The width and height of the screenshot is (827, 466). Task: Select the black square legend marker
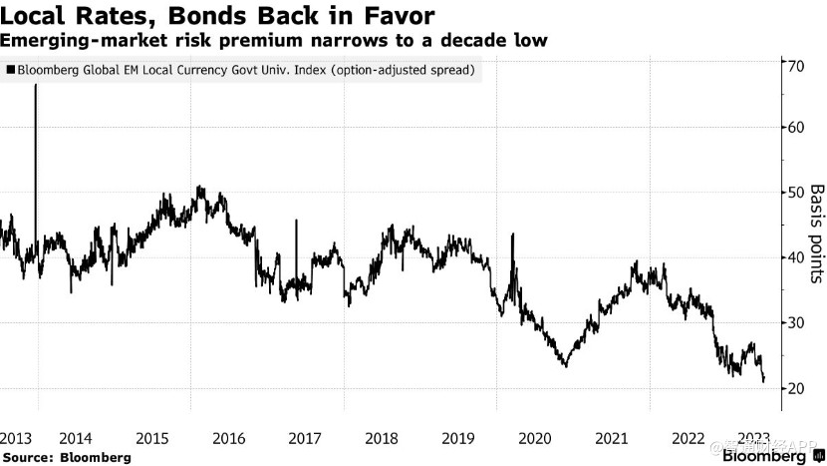point(10,71)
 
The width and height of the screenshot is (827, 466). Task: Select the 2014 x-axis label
point(76,439)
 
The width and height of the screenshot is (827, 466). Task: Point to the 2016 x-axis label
point(229,439)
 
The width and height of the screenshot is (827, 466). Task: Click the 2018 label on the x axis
point(382,439)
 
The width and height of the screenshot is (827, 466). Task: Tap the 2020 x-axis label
point(535,439)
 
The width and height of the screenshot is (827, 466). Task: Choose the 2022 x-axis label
point(688,439)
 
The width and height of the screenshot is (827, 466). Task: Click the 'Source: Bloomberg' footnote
point(66,456)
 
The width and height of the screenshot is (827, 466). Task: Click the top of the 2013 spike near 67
point(37,86)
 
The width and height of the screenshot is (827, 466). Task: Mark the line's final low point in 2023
point(763,380)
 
